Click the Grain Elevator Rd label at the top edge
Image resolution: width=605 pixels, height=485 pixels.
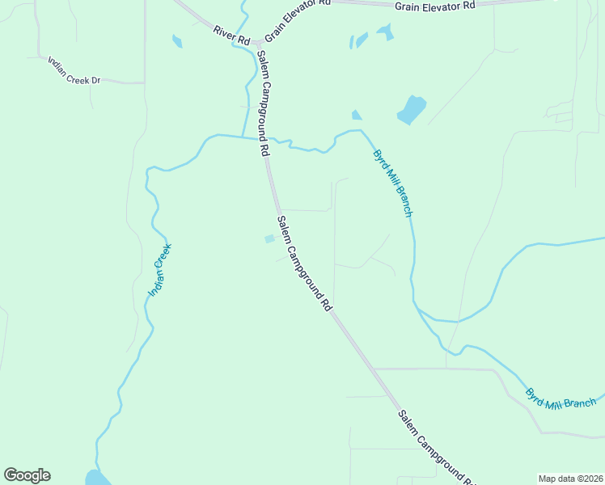coord(434,6)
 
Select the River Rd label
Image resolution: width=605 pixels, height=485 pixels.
coord(231,35)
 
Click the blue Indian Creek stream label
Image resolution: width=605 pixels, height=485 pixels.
coord(160,270)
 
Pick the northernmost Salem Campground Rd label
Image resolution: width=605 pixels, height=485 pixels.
coord(263,103)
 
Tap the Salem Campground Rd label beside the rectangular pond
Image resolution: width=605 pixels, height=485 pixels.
coord(305,264)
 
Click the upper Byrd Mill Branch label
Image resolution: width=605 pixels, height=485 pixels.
coord(393,183)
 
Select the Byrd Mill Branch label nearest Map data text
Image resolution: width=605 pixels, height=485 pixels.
coord(561,395)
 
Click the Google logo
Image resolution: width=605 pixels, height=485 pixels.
coord(27,475)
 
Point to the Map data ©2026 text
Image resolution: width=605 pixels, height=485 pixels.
coord(570,479)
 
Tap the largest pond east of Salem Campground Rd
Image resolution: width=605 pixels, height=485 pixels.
coord(411,109)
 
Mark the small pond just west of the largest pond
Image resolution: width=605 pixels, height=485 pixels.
coord(356,115)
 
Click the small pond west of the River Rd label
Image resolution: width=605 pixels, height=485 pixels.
coord(177,41)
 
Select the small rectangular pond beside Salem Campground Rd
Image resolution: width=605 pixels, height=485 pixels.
coord(269,239)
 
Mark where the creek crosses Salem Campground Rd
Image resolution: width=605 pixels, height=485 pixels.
coord(266,138)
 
